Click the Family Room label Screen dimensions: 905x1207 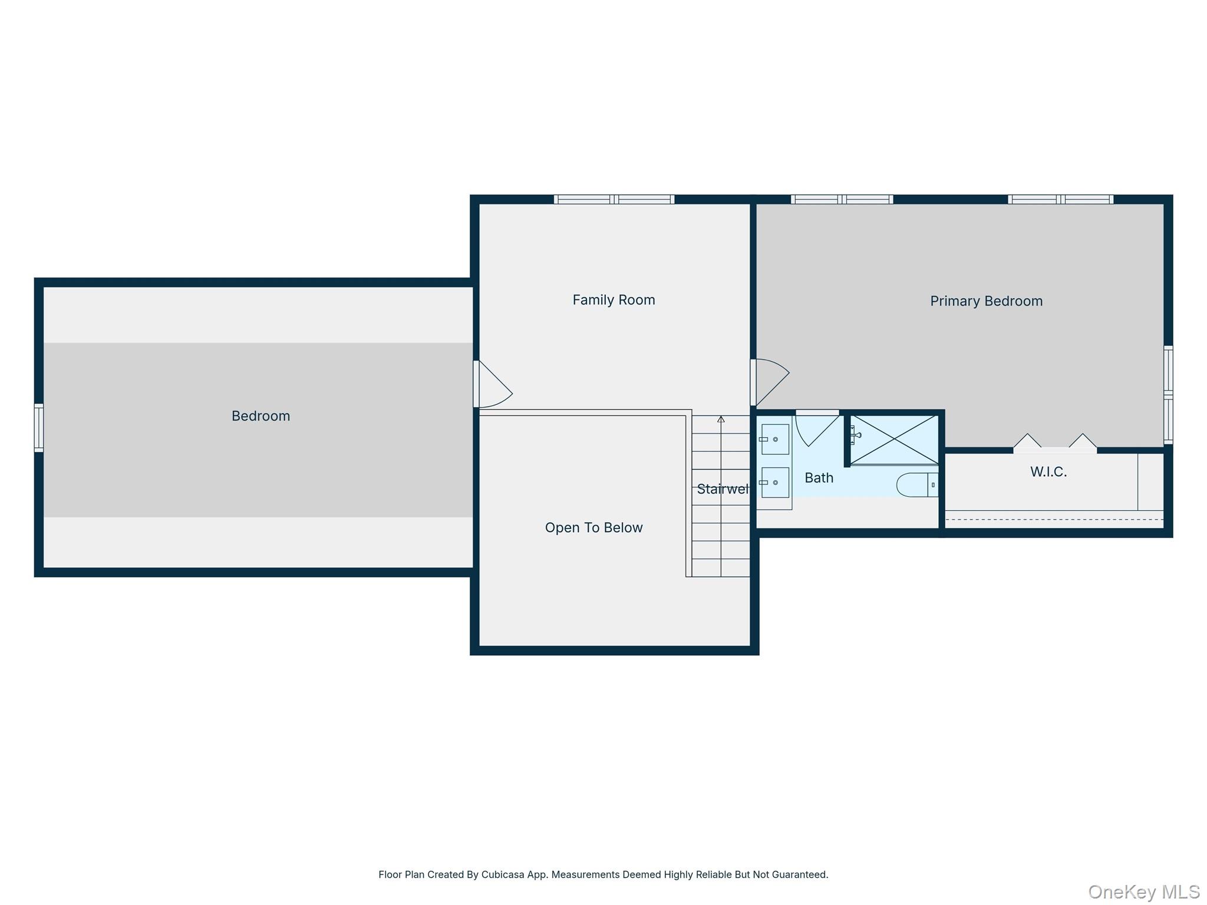614,300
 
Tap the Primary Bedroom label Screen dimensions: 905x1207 986,301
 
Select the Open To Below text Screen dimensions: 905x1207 593,527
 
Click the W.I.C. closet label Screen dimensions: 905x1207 1048,471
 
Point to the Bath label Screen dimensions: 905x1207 819,478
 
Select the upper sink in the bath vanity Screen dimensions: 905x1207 774,440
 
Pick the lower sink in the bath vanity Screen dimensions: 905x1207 774,483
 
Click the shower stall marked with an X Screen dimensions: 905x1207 894,440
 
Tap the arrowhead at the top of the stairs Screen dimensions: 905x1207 721,420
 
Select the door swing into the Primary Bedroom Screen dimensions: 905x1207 770,383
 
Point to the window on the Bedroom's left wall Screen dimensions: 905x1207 39,428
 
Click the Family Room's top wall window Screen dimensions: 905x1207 614,200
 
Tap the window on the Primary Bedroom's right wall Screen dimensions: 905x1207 1168,394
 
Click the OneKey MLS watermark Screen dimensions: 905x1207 1143,891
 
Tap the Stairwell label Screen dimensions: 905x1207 723,489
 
